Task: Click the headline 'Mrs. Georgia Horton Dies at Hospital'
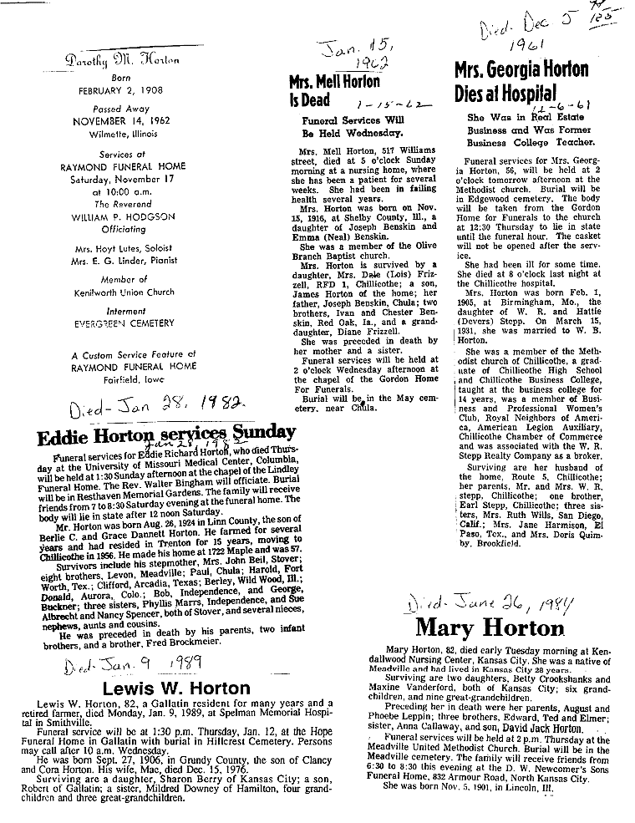point(521,80)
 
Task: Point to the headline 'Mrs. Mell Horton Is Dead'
point(334,92)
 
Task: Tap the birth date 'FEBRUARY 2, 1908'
point(128,90)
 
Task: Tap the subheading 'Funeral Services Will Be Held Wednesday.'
point(351,126)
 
